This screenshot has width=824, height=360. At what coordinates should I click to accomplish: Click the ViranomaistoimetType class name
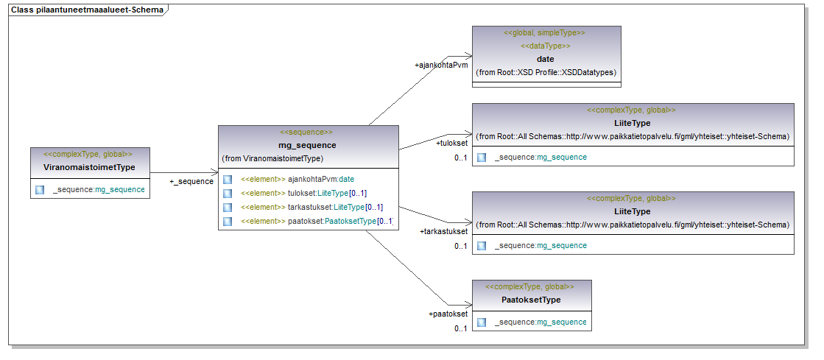click(89, 167)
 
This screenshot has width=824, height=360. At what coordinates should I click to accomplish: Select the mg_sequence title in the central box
click(308, 145)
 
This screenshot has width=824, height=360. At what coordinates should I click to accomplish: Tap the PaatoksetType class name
click(531, 300)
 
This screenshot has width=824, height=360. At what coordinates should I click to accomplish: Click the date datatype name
click(546, 59)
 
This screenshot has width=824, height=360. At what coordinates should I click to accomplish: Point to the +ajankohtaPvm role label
click(441, 66)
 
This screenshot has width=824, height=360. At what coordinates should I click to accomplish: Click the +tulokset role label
click(451, 143)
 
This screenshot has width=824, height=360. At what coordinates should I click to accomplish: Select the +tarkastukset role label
click(443, 231)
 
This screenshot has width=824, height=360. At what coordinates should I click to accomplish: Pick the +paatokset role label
click(448, 314)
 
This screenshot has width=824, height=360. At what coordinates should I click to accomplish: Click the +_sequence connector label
click(191, 181)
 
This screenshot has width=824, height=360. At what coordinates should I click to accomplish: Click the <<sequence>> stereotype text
click(308, 133)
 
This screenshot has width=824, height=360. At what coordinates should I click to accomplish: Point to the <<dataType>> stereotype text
click(546, 46)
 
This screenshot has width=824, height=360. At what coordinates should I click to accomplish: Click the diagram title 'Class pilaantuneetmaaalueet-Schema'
click(87, 10)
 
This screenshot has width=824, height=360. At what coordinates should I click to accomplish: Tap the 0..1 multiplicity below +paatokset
click(460, 328)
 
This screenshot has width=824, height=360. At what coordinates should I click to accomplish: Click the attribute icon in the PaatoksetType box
click(482, 322)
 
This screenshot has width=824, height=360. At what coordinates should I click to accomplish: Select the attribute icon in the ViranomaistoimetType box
click(40, 190)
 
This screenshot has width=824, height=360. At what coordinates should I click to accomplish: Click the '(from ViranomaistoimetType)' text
click(272, 158)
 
